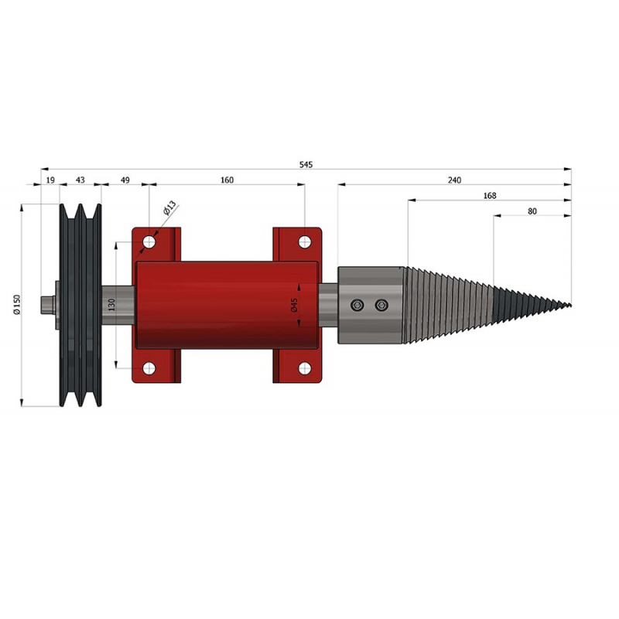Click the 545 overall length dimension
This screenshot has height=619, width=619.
click(x=306, y=165)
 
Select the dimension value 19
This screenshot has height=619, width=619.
click(x=50, y=180)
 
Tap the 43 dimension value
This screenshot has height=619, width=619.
click(x=80, y=180)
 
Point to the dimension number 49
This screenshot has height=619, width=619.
click(x=125, y=180)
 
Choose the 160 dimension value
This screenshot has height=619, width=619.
click(x=227, y=180)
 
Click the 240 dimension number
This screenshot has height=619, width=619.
click(x=454, y=180)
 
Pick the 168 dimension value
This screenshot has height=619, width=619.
click(x=490, y=196)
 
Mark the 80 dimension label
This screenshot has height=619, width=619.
click(x=532, y=211)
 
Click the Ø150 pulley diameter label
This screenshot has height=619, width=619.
click(x=16, y=304)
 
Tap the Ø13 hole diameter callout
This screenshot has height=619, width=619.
click(x=169, y=207)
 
